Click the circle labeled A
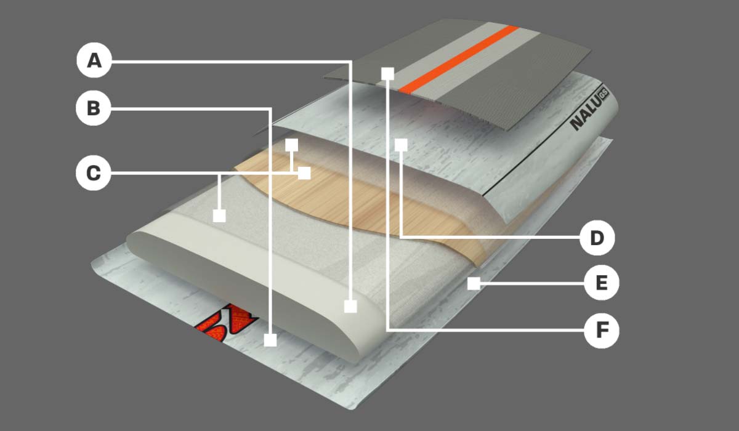(94, 60)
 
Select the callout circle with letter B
(94, 108)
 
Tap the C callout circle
(94, 173)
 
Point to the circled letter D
(597, 238)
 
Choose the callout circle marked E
(602, 283)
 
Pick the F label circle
(602, 331)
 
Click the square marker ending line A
(350, 307)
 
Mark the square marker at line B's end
(270, 340)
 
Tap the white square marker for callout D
(401, 145)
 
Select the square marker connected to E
(474, 284)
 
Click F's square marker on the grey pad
(387, 74)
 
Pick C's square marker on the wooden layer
(304, 173)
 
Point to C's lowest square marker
(219, 216)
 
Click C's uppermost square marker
(292, 145)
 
